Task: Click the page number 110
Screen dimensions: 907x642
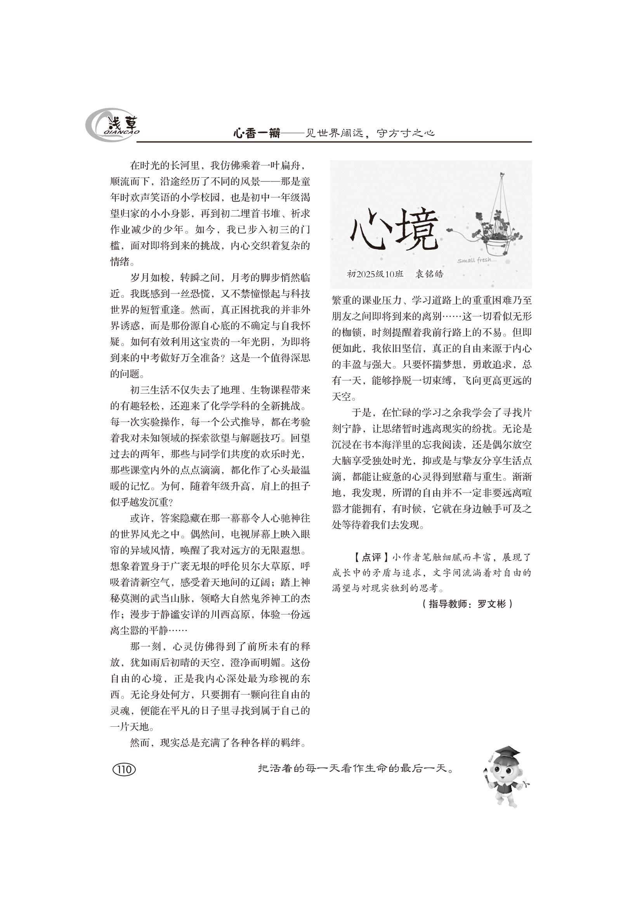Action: click(x=124, y=769)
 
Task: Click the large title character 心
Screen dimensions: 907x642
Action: click(x=366, y=230)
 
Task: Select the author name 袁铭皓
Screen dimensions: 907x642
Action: click(x=429, y=274)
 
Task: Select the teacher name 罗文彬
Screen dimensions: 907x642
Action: click(x=492, y=604)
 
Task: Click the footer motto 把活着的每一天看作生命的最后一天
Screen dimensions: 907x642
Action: click(x=355, y=769)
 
